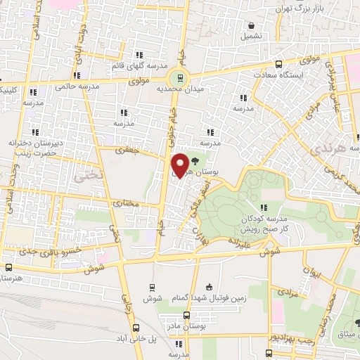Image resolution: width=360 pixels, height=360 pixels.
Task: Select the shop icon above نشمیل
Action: [x=250, y=22]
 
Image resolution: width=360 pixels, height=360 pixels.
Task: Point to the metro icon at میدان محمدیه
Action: [x=181, y=78]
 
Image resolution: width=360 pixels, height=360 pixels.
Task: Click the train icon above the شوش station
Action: [x=151, y=287]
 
